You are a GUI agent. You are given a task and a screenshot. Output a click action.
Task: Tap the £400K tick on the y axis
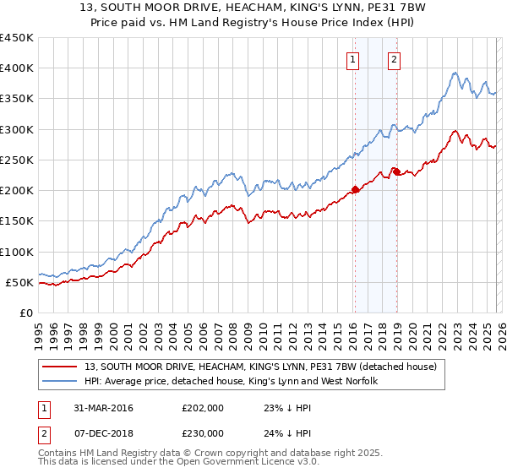coord(17,68)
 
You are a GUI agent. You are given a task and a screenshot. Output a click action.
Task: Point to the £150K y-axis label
coord(17,221)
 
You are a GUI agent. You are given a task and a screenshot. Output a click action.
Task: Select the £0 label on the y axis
coord(25,313)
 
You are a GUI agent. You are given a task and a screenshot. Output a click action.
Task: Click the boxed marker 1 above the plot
coord(352,59)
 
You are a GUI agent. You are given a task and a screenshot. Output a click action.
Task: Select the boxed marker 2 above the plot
coord(395,59)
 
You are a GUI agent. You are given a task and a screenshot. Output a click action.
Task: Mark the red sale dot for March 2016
coord(355,189)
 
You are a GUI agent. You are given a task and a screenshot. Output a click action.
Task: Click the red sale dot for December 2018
coord(395,172)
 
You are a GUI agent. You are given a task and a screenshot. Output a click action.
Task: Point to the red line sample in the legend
coord(60,367)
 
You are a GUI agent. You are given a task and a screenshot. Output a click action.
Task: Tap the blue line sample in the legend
coord(60,381)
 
